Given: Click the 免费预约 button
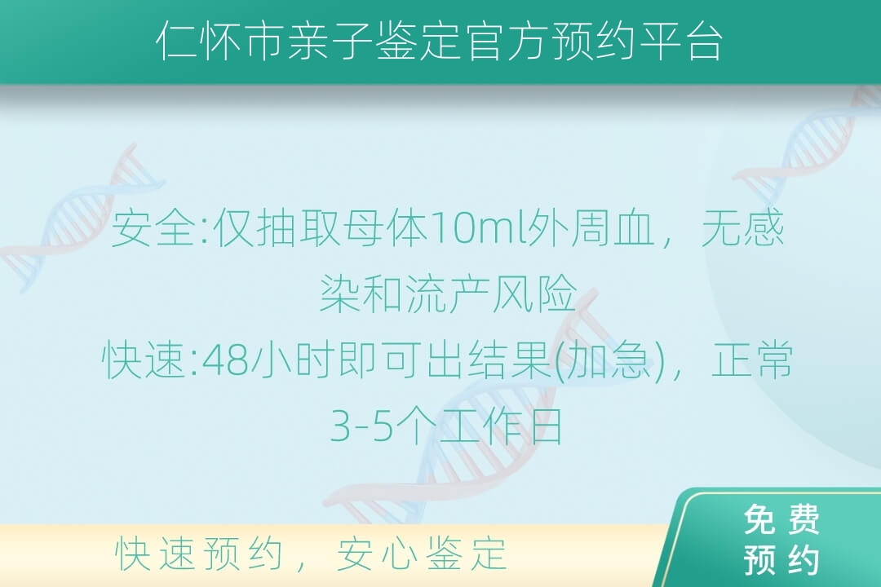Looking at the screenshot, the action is point(781,539).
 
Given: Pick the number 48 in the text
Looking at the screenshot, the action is point(225,360).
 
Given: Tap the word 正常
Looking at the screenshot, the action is point(752,360).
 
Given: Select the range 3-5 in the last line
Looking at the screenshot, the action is point(361,426).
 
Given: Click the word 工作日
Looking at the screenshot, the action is point(501,426).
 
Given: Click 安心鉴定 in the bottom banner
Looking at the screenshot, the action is point(422,554).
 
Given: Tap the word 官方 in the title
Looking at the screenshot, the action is point(506,41).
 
